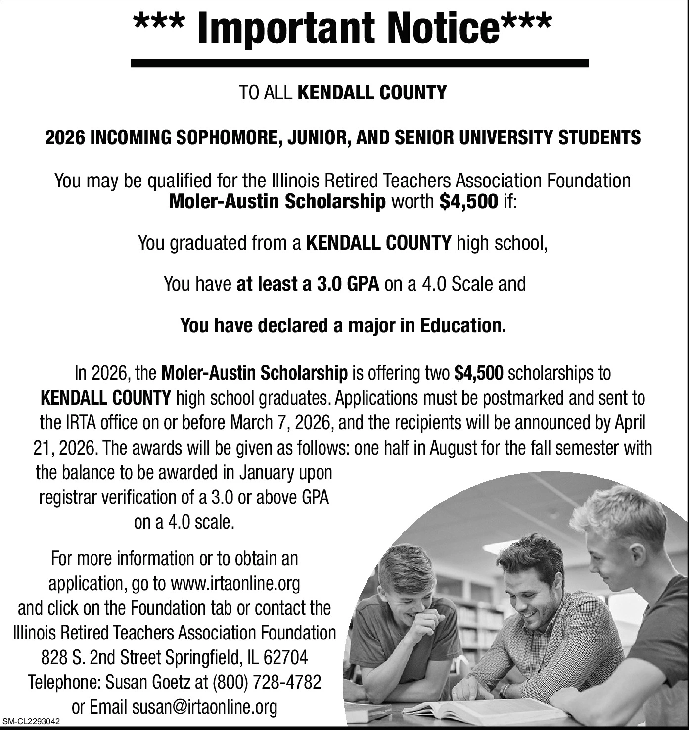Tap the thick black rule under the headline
360,63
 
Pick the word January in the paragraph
268,473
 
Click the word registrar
69,498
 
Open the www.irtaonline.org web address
235,584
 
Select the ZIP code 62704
286,658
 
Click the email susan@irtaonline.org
204,707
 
